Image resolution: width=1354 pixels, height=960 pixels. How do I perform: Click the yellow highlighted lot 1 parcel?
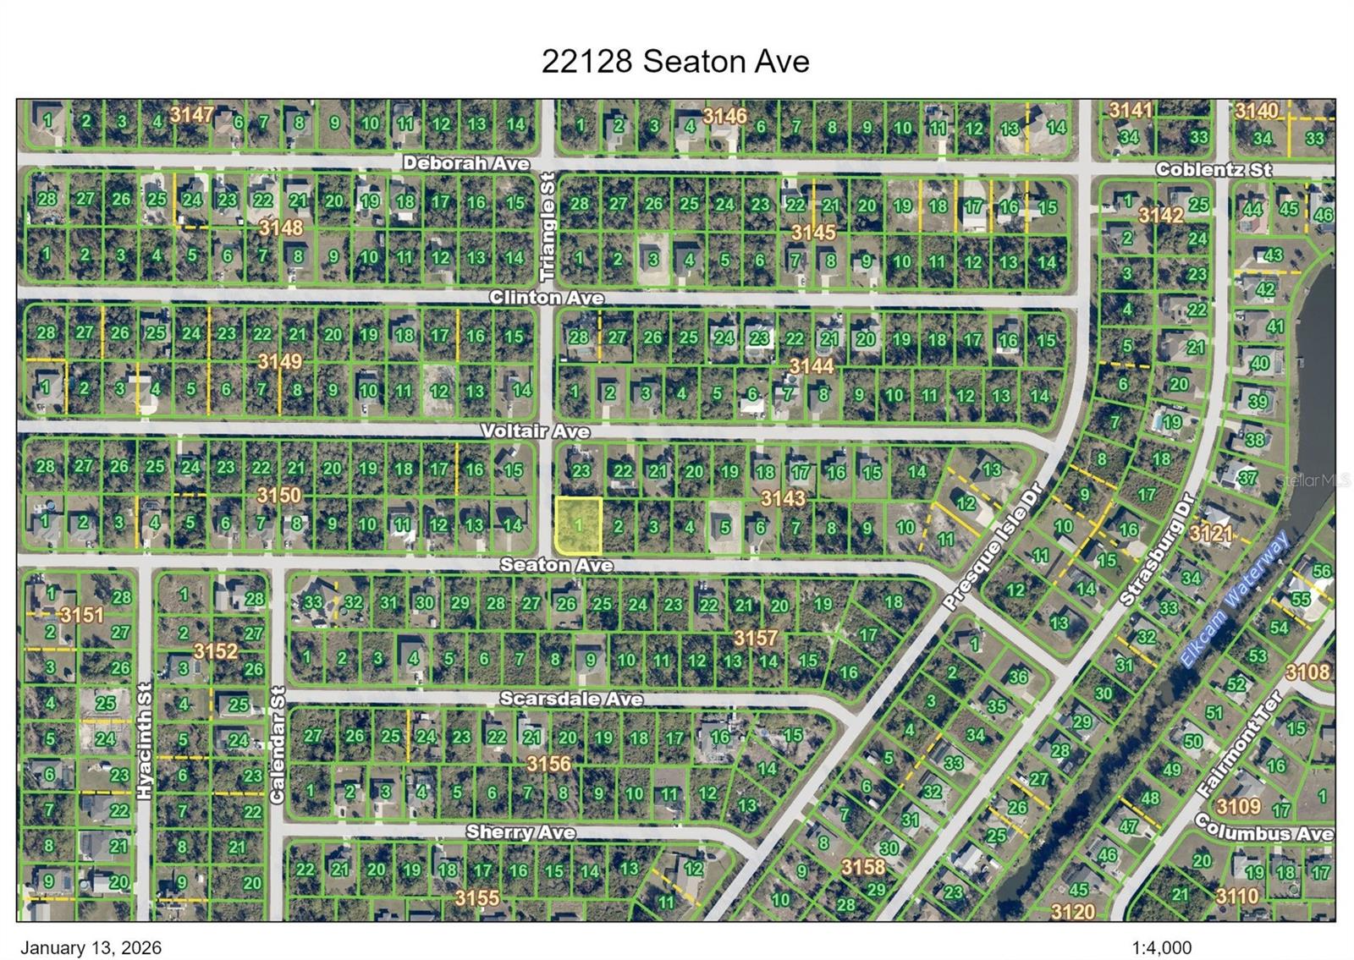tap(578, 525)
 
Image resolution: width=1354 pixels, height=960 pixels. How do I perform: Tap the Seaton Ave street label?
tap(556, 564)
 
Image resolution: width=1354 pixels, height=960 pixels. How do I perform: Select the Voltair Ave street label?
tap(535, 431)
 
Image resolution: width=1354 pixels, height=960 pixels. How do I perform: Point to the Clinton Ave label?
tap(546, 298)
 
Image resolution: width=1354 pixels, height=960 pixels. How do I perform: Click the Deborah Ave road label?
tap(465, 163)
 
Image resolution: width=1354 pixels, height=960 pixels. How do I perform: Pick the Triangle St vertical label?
tap(548, 228)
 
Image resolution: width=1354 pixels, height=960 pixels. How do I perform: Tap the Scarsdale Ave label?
tap(570, 699)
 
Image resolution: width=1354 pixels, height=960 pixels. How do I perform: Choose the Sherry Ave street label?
tap(520, 832)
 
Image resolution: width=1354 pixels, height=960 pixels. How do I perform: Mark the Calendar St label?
tap(278, 744)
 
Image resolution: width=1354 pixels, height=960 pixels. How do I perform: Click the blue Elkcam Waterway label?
tap(1235, 599)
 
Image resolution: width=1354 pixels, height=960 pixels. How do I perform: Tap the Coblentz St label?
tap(1213, 169)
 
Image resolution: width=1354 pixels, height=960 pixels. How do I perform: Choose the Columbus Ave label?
tap(1263, 828)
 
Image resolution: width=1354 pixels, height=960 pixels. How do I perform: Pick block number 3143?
tap(783, 499)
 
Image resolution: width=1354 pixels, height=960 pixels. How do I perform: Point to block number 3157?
tap(756, 638)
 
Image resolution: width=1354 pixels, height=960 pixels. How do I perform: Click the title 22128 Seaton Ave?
tap(675, 61)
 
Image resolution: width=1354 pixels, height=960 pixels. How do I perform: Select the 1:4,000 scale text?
tap(1161, 948)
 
